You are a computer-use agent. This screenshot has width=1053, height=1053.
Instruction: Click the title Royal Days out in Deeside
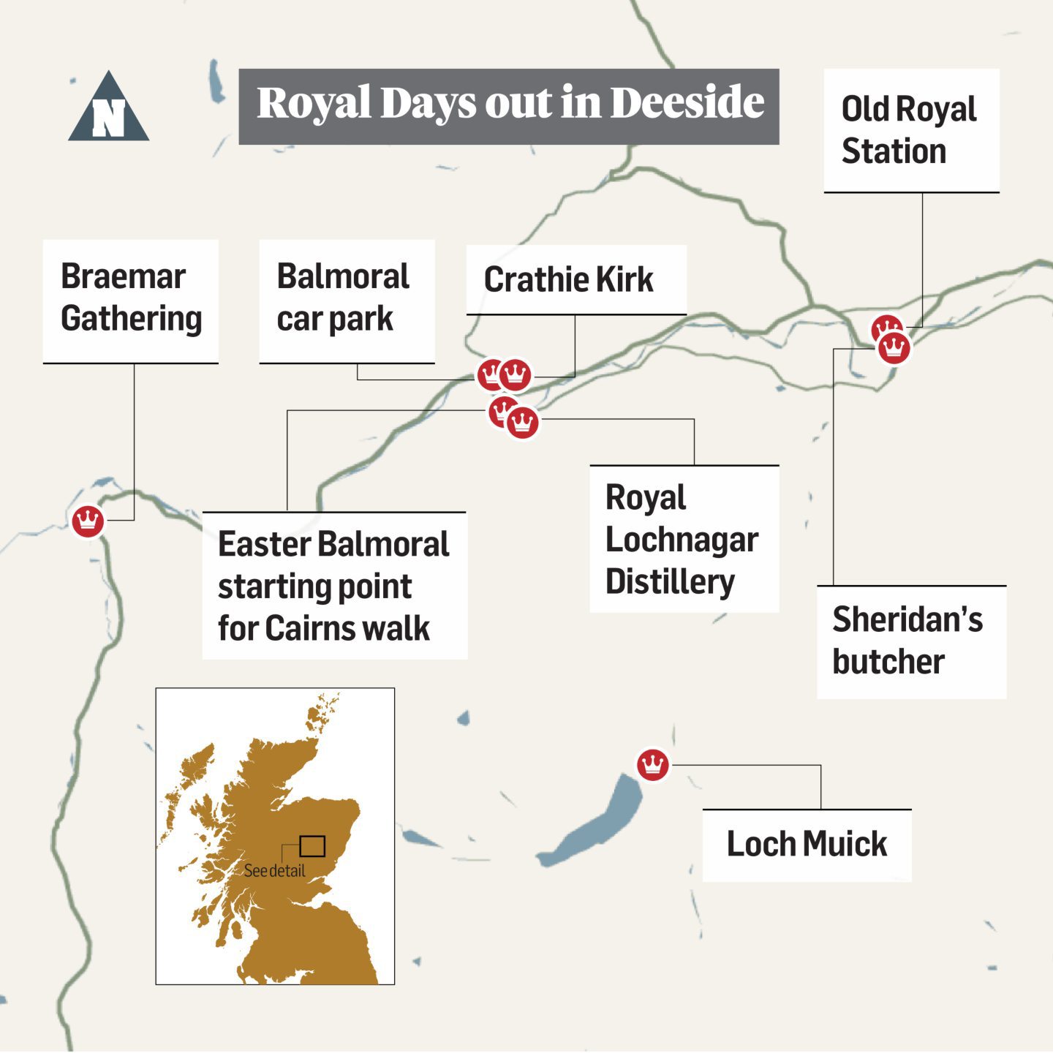(509, 104)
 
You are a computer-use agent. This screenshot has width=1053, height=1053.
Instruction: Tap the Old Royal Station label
(910, 130)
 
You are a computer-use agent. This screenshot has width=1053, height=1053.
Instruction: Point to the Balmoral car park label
(346, 298)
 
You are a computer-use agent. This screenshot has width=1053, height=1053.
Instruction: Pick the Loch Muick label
(806, 844)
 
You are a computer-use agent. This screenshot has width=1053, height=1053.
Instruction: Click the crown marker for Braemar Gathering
(88, 521)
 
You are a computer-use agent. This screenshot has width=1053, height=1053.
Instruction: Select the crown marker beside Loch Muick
(652, 765)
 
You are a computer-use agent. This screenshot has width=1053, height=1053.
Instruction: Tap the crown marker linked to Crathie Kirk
(516, 375)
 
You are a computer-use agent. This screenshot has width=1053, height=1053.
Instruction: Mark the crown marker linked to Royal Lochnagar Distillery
(523, 423)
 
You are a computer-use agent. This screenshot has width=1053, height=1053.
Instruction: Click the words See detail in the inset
(274, 871)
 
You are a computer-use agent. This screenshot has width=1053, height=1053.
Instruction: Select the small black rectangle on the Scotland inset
(312, 846)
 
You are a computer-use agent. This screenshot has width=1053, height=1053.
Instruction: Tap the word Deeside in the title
(687, 102)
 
